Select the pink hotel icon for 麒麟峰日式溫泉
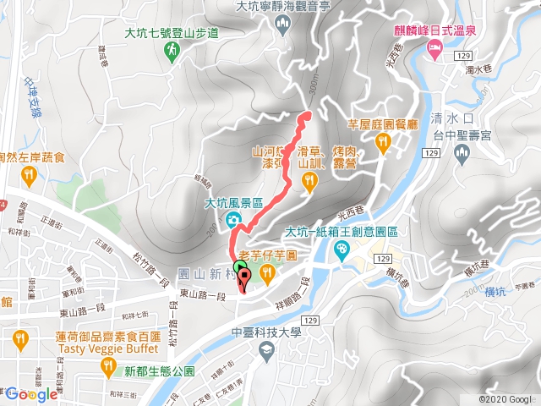(434, 52)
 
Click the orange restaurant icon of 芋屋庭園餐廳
(381, 145)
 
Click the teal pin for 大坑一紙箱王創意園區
(341, 250)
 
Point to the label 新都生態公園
(160, 371)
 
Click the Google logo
(30, 394)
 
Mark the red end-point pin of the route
(243, 280)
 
